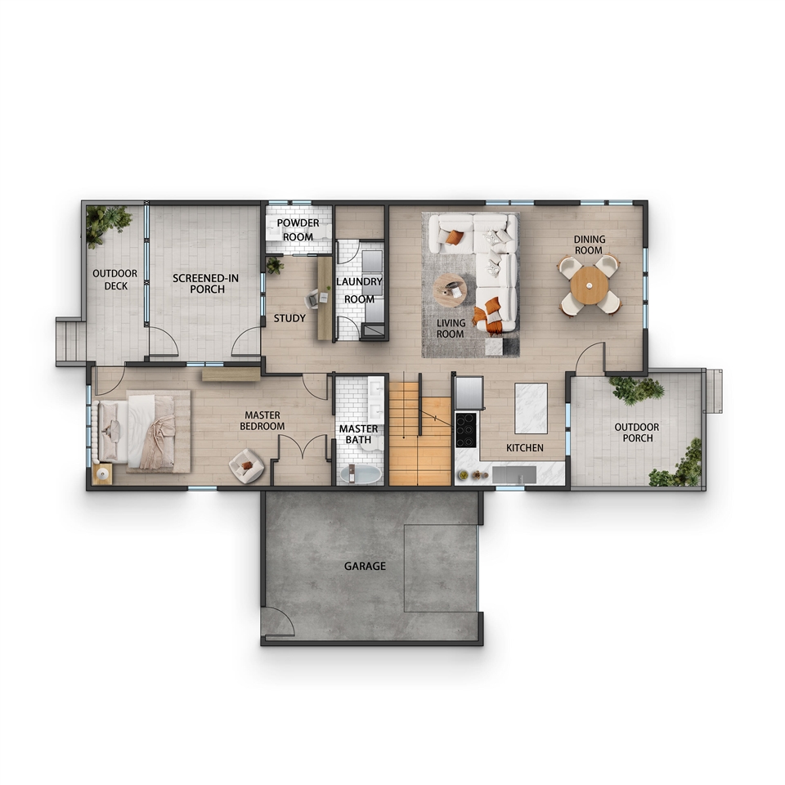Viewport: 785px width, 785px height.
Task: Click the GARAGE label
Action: pyautogui.click(x=365, y=566)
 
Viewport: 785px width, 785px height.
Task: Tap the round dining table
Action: pyautogui.click(x=589, y=285)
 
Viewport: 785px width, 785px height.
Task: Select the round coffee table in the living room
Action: pyautogui.click(x=450, y=289)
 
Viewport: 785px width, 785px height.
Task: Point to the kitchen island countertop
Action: pyautogui.click(x=532, y=408)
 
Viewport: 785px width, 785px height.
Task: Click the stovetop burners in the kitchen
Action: pyautogui.click(x=465, y=429)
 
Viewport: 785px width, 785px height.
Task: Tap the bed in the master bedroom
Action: pyautogui.click(x=137, y=431)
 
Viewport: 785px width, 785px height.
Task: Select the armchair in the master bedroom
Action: pyautogui.click(x=246, y=466)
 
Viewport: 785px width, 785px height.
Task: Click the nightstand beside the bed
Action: pyautogui.click(x=103, y=473)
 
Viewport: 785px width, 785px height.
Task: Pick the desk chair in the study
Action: pyautogui.click(x=312, y=299)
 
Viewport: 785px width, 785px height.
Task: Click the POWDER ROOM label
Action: pyautogui.click(x=298, y=229)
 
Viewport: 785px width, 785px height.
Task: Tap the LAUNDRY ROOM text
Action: pyautogui.click(x=359, y=290)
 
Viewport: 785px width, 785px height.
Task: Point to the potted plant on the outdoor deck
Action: pyautogui.click(x=106, y=225)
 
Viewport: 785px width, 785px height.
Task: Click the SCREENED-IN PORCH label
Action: pyautogui.click(x=206, y=284)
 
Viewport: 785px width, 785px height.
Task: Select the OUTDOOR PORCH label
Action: pyautogui.click(x=637, y=433)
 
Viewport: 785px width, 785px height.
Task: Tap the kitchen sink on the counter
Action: pyautogui.click(x=514, y=474)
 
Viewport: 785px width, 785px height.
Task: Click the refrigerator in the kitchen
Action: pyautogui.click(x=469, y=393)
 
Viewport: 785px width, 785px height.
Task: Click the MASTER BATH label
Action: pyautogui.click(x=358, y=434)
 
